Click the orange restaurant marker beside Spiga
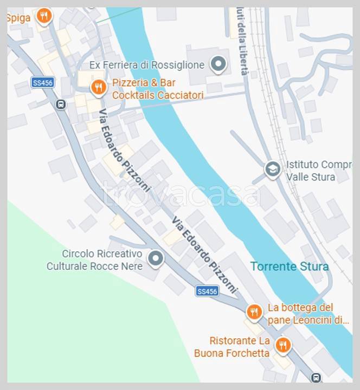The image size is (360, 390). (x=44, y=16)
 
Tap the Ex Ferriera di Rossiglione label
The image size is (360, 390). (x=147, y=65)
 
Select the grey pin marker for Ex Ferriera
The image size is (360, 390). (x=218, y=64)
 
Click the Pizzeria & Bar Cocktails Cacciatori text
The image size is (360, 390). (x=158, y=89)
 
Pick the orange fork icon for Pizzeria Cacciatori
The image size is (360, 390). (x=98, y=87)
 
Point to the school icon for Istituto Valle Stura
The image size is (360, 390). (x=273, y=169)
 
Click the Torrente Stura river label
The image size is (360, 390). (x=289, y=266)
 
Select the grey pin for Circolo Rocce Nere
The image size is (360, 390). (x=156, y=258)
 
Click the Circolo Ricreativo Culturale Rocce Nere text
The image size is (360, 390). (x=95, y=260)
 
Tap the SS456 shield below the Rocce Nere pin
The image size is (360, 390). (x=207, y=291)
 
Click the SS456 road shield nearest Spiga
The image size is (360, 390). (x=42, y=82)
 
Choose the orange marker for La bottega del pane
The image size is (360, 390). (x=254, y=312)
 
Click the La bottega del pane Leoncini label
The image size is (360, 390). (x=308, y=314)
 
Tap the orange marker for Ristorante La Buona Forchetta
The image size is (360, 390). (x=282, y=344)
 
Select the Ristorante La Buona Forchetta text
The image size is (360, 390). (x=232, y=347)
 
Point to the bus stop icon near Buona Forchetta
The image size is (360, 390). (x=316, y=378)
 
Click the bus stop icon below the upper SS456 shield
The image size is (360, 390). (x=61, y=105)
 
